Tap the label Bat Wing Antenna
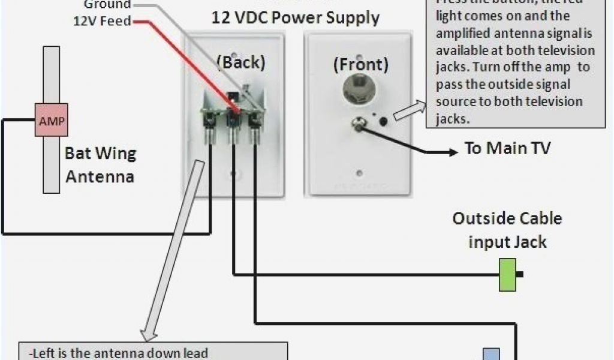pos(100,165)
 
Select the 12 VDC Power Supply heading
pos(295,17)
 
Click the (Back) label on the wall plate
pos(240,62)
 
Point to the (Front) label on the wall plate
pos(360,65)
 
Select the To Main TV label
pos(507,149)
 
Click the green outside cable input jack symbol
pos(508,275)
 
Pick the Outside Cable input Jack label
pos(507,230)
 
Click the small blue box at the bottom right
pos(491,354)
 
